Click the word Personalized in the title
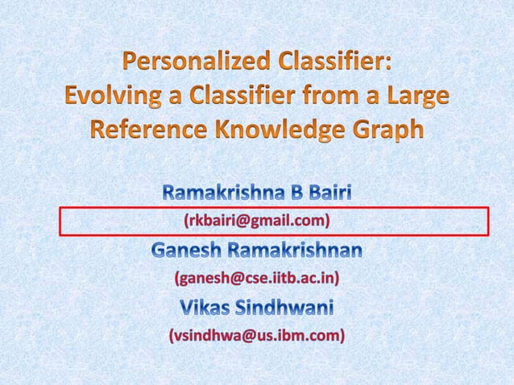(193, 63)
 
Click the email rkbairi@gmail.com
(257, 220)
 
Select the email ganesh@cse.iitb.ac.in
(257, 279)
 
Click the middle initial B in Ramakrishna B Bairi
(292, 193)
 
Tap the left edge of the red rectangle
(60, 221)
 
